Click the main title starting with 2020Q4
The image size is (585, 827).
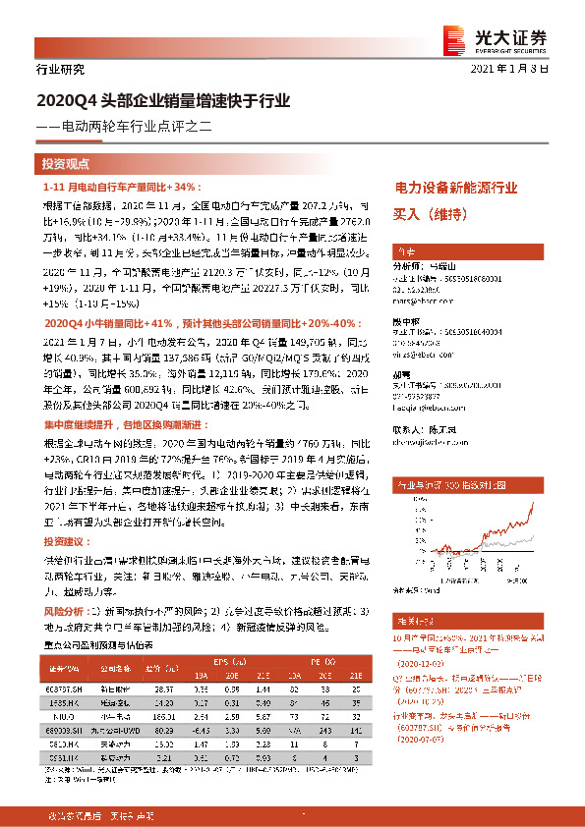click(x=163, y=100)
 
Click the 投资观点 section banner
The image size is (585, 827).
click(x=66, y=164)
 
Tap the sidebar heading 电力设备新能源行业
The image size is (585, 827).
click(x=455, y=187)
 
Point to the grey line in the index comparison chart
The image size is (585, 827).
click(x=532, y=539)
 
